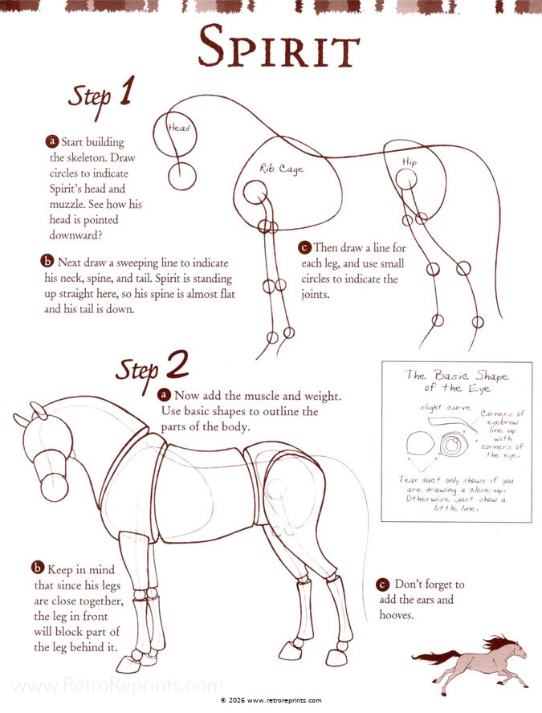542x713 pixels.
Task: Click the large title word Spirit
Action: pos(279,47)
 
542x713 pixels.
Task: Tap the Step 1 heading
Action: pos(101,96)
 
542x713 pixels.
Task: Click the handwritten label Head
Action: pos(179,128)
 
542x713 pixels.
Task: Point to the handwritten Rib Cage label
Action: pos(282,169)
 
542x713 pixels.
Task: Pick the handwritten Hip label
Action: pos(410,162)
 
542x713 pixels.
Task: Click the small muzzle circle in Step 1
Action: pos(182,177)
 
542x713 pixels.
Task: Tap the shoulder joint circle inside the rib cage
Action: pos(255,193)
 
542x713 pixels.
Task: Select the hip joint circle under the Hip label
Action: pos(406,180)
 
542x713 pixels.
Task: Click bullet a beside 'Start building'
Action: pos(52,141)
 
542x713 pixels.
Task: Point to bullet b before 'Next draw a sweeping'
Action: pos(47,261)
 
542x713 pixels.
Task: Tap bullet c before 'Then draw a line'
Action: pos(304,247)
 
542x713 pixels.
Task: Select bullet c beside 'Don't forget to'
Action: pos(383,585)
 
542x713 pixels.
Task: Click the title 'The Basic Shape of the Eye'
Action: pos(457,381)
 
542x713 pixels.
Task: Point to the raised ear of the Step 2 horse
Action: pos(39,410)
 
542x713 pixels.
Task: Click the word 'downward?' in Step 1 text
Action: pos(75,235)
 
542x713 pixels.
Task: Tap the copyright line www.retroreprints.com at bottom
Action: pos(271,700)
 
